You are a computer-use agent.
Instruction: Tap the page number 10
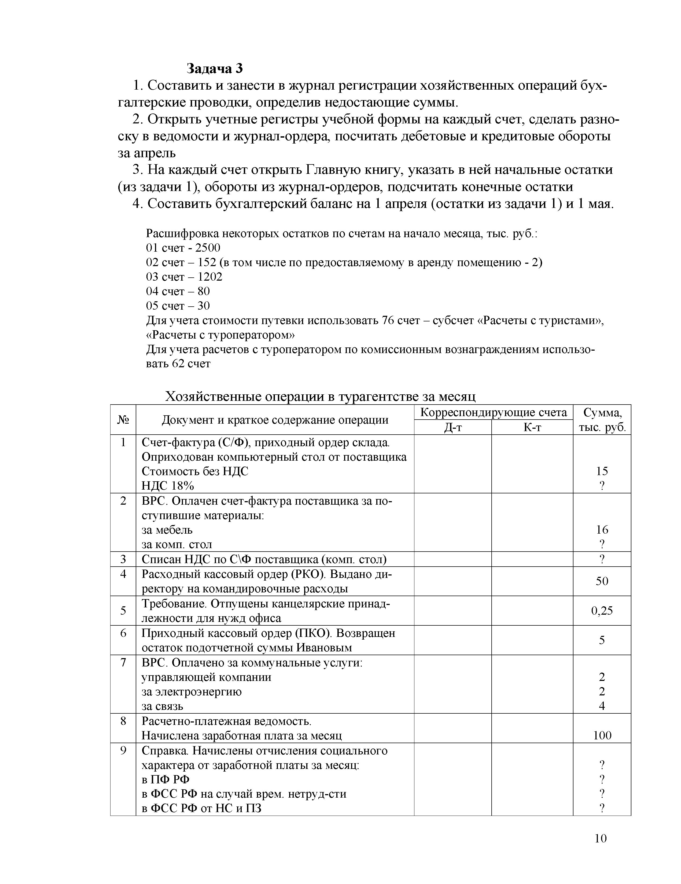click(601, 838)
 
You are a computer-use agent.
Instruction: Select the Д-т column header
click(452, 427)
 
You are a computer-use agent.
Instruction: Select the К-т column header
click(532, 427)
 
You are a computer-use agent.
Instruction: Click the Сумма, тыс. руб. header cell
click(602, 420)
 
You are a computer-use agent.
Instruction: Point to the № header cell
click(123, 420)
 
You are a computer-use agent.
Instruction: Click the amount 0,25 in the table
click(602, 610)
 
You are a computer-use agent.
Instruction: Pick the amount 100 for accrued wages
click(602, 735)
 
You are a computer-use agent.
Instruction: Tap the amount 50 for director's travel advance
click(602, 581)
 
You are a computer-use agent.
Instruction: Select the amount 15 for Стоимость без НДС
click(602, 471)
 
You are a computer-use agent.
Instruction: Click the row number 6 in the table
click(123, 633)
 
